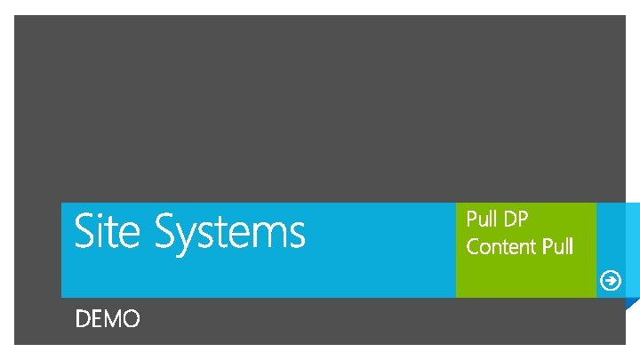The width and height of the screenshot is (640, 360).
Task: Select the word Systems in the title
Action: [229, 233]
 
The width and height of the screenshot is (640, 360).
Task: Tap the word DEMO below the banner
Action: [108, 319]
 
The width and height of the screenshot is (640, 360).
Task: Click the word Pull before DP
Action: [482, 219]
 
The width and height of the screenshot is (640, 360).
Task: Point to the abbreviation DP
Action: [516, 219]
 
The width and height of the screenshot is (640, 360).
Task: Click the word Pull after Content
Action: [557, 245]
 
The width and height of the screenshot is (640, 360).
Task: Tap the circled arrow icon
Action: [611, 281]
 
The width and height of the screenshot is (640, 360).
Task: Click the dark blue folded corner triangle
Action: [632, 305]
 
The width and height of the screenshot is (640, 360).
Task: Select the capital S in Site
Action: [84, 231]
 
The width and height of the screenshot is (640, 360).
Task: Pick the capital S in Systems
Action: [166, 231]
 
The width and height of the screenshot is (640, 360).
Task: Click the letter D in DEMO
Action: [83, 319]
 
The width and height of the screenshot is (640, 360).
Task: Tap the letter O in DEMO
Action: [130, 319]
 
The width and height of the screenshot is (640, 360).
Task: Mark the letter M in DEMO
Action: [110, 319]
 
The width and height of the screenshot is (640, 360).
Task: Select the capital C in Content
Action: [473, 245]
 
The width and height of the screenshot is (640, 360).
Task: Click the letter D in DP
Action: [509, 219]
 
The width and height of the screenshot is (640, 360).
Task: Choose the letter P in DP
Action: [524, 219]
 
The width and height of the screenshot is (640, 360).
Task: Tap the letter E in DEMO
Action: [96, 319]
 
